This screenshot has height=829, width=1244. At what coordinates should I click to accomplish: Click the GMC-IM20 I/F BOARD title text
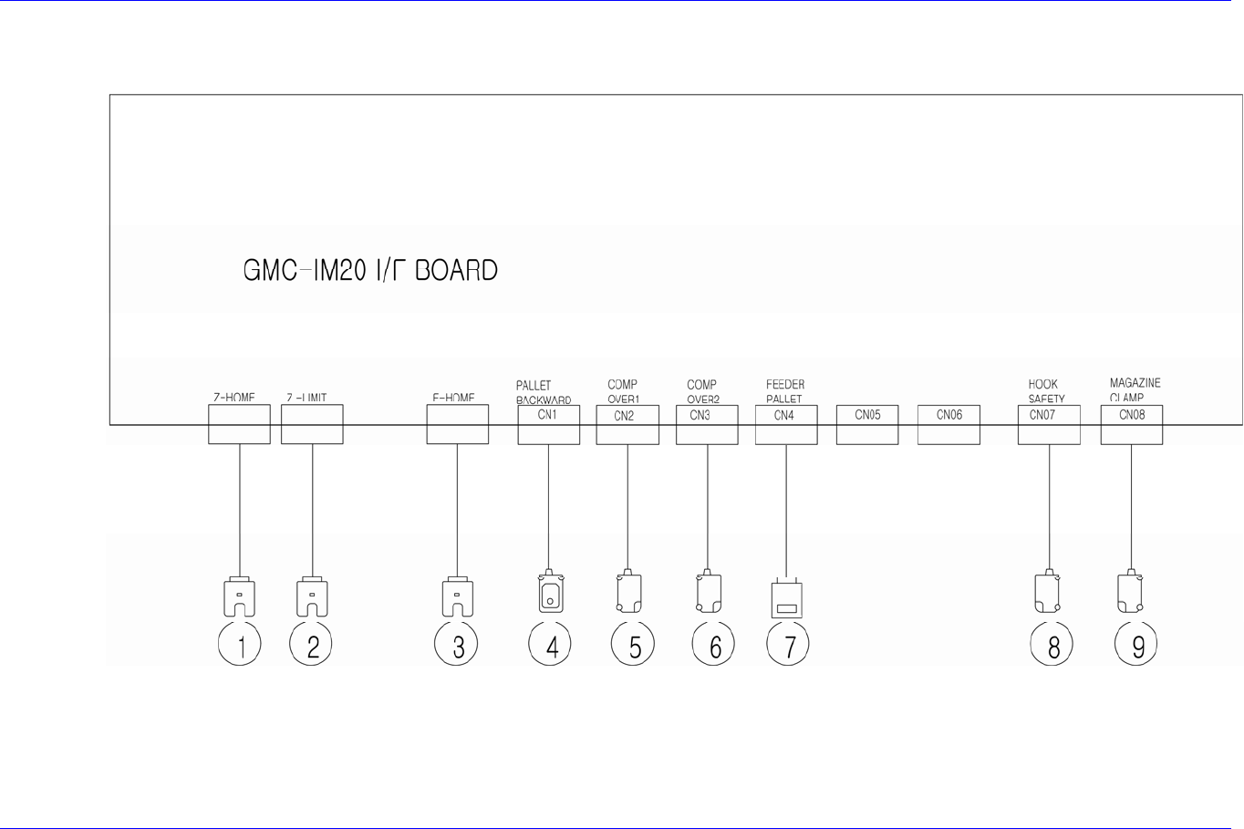pyautogui.click(x=370, y=271)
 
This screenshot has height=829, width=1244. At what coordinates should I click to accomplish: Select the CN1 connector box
pyautogui.click(x=548, y=425)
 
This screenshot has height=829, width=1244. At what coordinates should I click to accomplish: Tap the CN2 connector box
pyautogui.click(x=627, y=425)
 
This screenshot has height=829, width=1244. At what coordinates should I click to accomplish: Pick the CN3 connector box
pyautogui.click(x=707, y=425)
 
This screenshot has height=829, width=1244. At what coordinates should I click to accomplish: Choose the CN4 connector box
pyautogui.click(x=786, y=425)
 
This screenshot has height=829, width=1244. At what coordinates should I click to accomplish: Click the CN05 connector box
pyautogui.click(x=867, y=425)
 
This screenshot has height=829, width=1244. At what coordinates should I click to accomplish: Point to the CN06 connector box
pyautogui.click(x=949, y=425)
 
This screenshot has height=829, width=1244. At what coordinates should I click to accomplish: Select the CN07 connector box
pyautogui.click(x=1049, y=425)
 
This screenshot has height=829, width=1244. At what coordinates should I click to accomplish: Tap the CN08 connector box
pyautogui.click(x=1132, y=425)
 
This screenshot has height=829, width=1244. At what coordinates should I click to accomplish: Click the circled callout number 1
pyautogui.click(x=240, y=645)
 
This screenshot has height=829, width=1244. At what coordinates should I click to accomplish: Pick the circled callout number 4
pyautogui.click(x=551, y=645)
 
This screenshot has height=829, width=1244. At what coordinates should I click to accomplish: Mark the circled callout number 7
pyautogui.click(x=788, y=645)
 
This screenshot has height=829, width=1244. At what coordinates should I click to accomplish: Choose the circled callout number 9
pyautogui.click(x=1136, y=645)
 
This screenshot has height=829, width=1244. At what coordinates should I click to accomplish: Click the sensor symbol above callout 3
pyautogui.click(x=458, y=597)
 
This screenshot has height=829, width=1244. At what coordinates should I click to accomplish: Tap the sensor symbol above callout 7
pyautogui.click(x=786, y=599)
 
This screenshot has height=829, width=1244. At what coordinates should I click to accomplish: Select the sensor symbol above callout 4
pyautogui.click(x=551, y=592)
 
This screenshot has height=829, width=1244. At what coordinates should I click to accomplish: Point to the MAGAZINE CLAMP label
pyautogui.click(x=1135, y=390)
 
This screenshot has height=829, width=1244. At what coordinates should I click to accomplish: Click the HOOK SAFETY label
pyautogui.click(x=1045, y=391)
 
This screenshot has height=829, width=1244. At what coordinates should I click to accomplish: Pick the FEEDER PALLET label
pyautogui.click(x=784, y=391)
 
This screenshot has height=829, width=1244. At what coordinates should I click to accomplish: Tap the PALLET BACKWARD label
pyautogui.click(x=543, y=392)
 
